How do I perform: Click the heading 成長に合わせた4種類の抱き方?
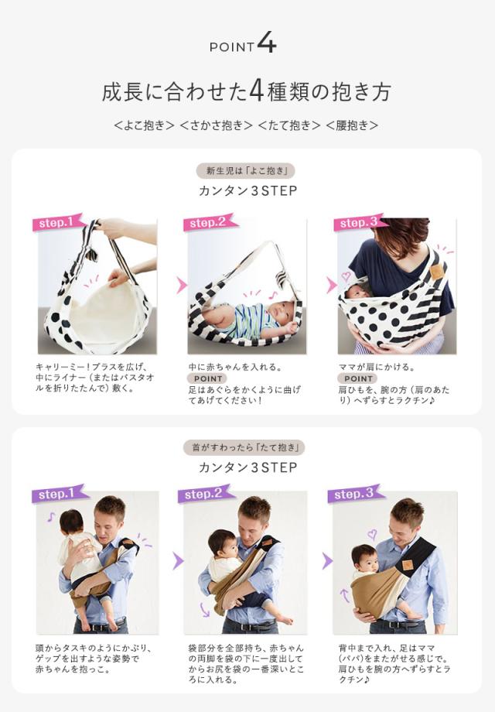(247, 91)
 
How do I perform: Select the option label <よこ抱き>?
(144, 125)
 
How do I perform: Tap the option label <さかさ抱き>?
(217, 125)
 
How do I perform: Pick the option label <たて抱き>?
(288, 125)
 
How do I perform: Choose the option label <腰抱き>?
(352, 125)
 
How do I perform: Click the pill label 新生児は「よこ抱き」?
(247, 170)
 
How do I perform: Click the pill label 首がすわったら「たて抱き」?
(247, 447)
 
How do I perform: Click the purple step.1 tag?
(59, 493)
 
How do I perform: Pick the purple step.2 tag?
(206, 493)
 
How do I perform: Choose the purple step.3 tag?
(355, 493)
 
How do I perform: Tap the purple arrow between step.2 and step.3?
(328, 561)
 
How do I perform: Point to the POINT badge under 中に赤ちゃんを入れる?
(207, 378)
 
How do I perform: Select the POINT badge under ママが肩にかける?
(358, 378)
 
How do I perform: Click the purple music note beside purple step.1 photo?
(51, 516)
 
